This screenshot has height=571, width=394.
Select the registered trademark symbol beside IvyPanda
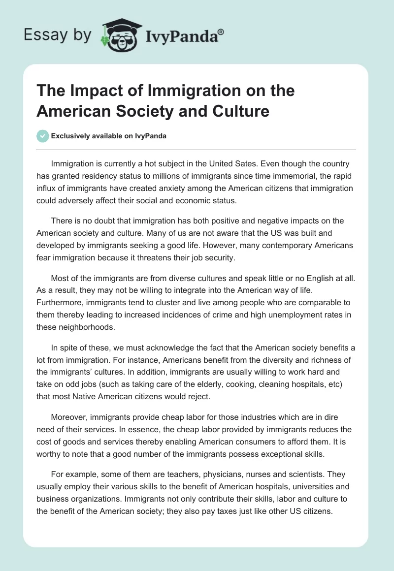click(221, 32)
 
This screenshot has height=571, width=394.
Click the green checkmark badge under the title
click(43, 136)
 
